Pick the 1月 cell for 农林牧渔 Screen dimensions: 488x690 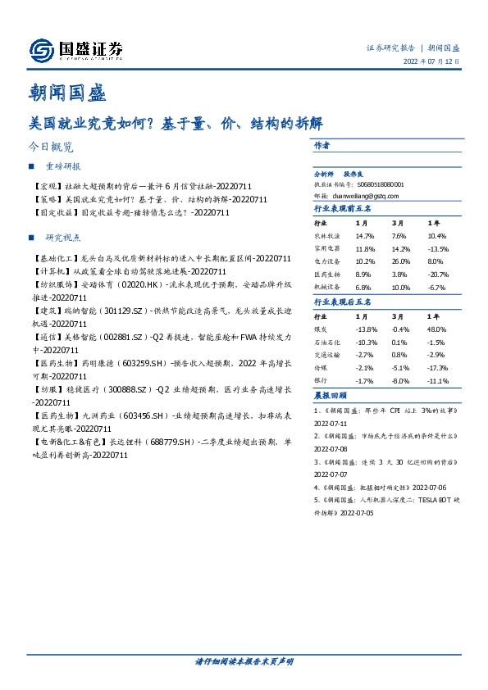[364, 234]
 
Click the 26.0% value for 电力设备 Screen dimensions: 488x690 [401, 262]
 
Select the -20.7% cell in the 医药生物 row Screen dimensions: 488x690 [438, 275]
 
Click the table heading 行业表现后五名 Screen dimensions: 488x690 [343, 303]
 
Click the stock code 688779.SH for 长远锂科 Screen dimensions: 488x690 [169, 442]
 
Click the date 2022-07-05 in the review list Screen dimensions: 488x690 [355, 512]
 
